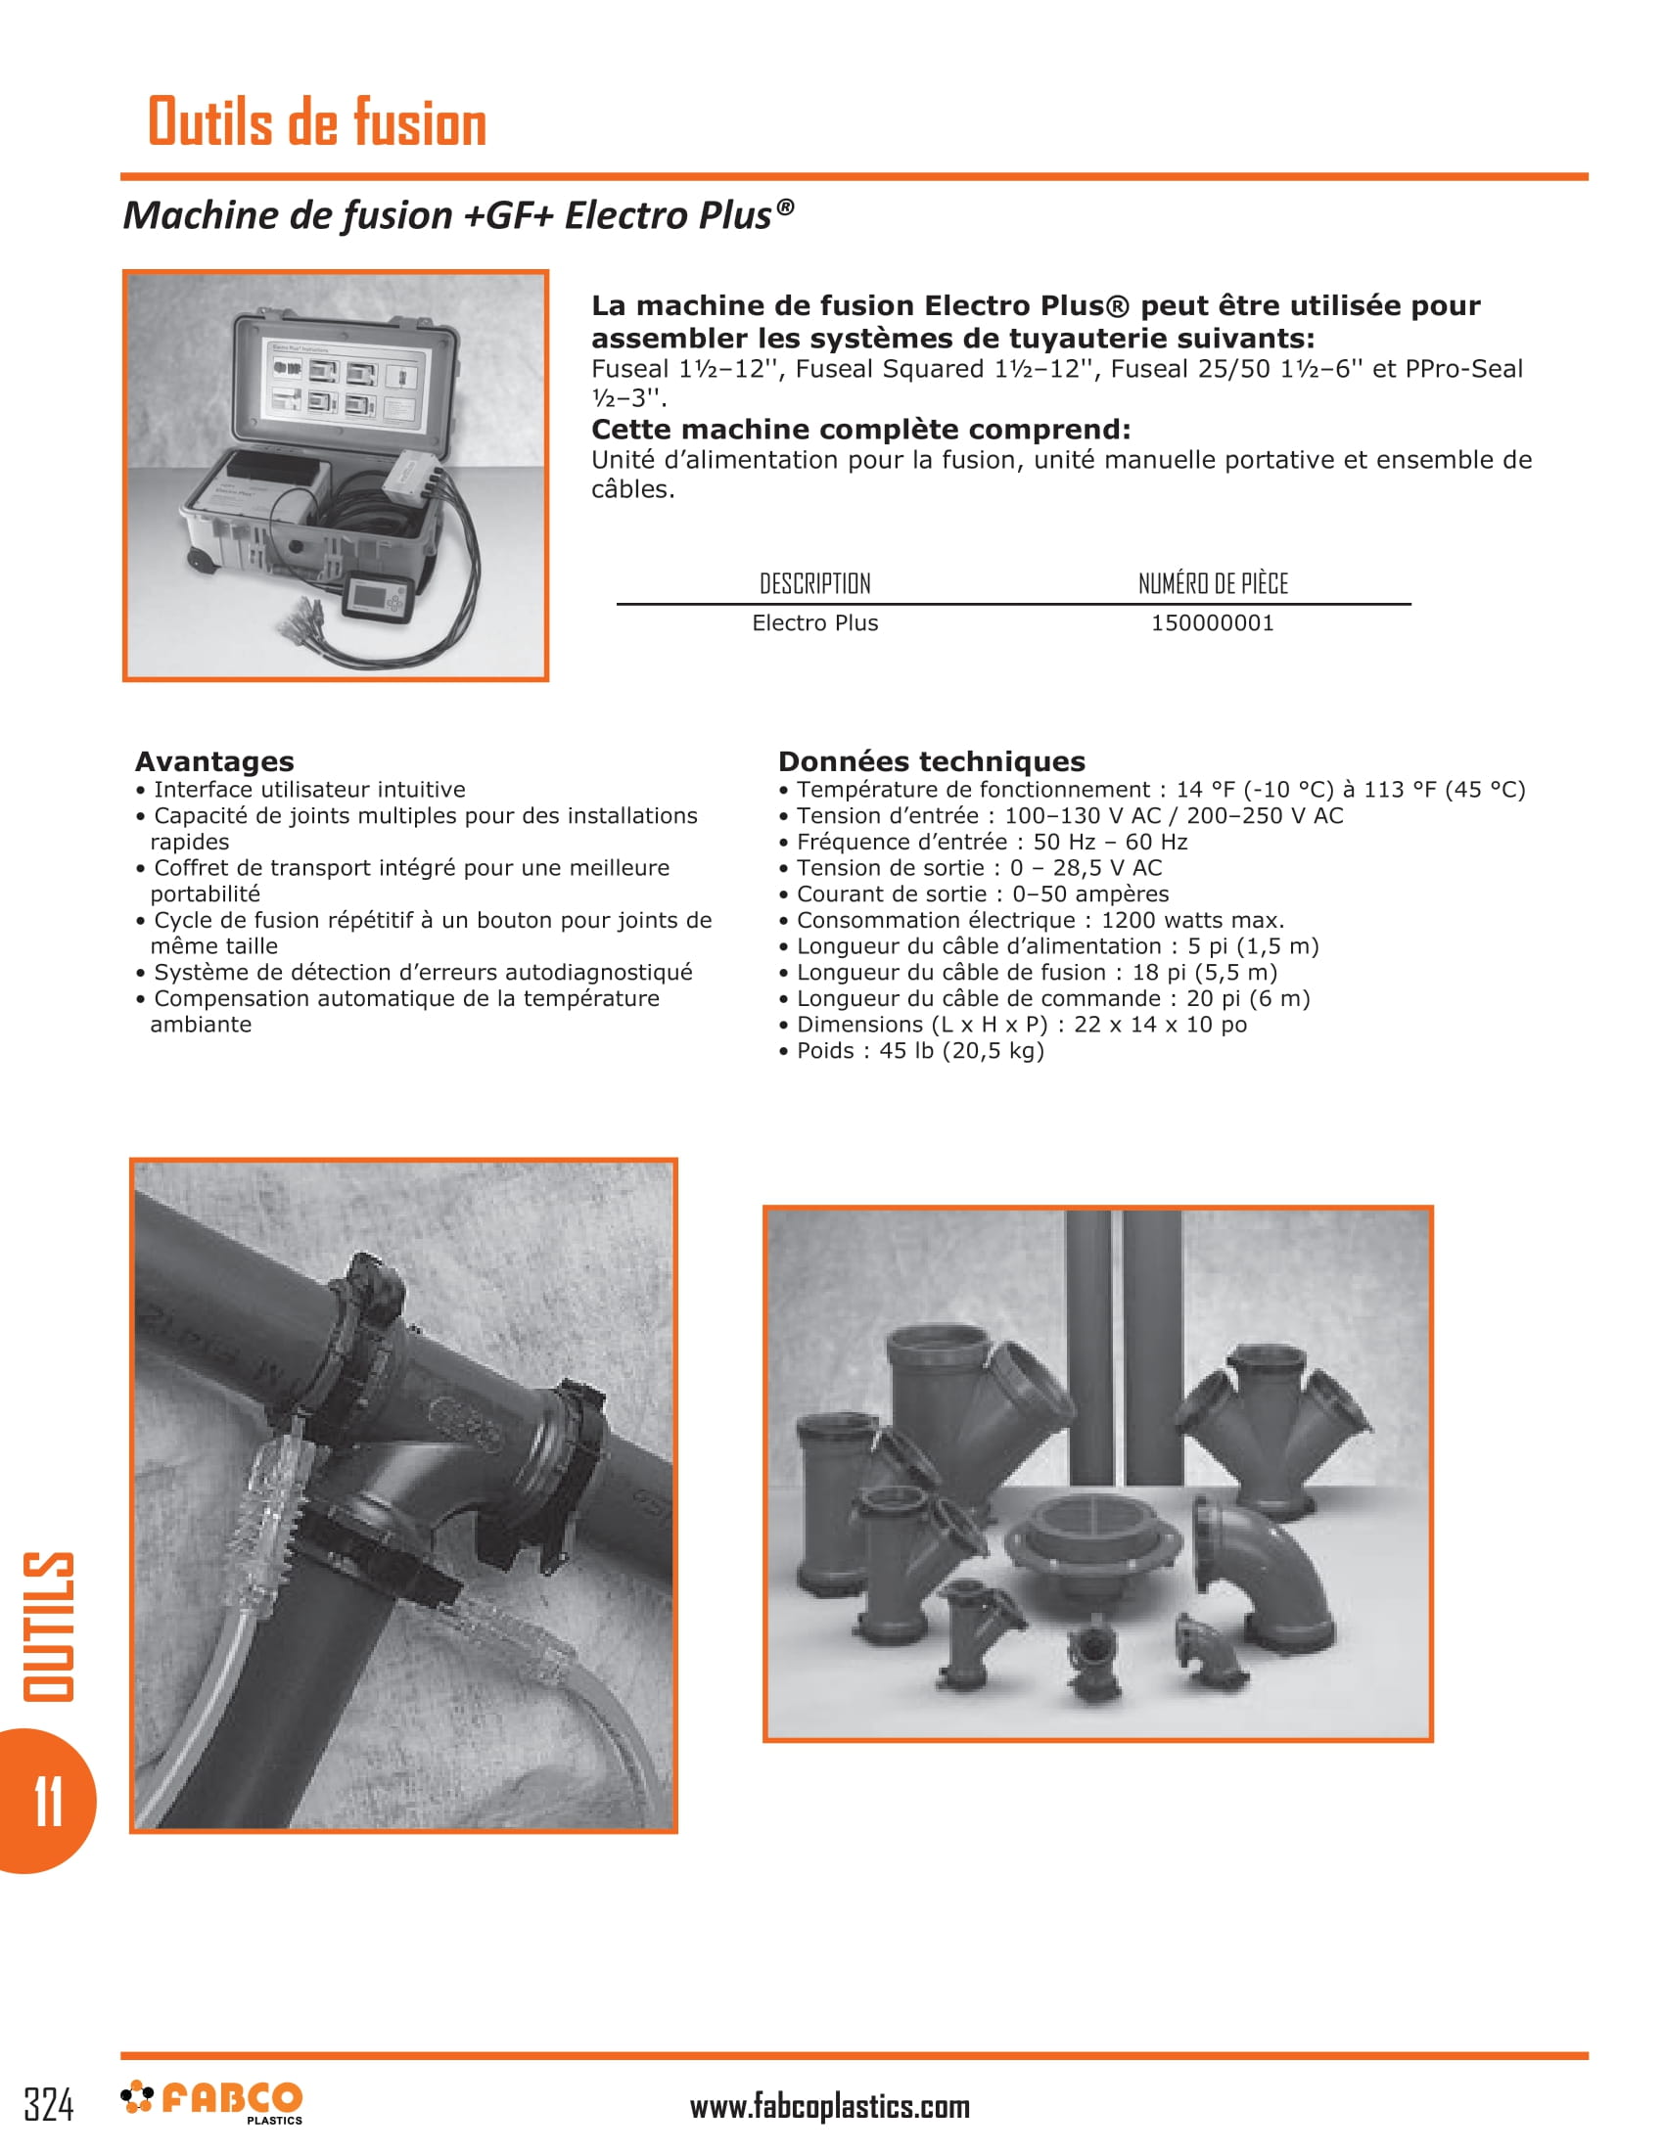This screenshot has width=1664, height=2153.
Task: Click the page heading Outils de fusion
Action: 316,122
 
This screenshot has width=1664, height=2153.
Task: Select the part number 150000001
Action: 1212,623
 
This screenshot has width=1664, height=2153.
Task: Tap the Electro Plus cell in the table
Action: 814,623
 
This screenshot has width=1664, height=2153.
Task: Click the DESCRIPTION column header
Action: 814,583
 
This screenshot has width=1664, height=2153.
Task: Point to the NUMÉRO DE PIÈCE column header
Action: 1213,583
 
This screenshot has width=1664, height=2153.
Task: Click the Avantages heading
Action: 214,761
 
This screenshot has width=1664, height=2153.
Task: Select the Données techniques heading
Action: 931,761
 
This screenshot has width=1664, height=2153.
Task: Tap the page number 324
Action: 48,2105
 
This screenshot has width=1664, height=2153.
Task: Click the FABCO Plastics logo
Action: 213,2101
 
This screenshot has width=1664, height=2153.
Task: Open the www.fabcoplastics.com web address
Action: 829,2107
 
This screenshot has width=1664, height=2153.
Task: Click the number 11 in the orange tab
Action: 47,1801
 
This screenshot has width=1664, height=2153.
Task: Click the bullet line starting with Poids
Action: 911,1051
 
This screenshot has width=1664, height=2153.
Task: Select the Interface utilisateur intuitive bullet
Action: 300,790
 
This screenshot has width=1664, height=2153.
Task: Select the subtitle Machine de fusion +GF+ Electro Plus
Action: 457,216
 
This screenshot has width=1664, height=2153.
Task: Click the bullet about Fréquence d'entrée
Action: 983,842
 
